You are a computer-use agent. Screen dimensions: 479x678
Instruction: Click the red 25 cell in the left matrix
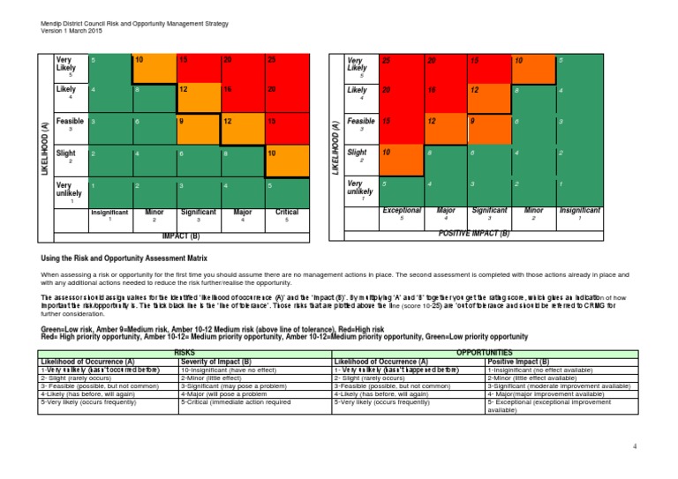[x=287, y=67]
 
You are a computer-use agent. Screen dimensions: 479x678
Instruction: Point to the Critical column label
[x=287, y=213]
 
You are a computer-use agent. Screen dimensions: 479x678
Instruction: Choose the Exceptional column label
[x=401, y=211]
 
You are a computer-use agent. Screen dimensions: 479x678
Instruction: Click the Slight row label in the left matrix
[x=67, y=153]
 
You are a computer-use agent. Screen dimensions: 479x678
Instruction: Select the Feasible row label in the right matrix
[x=360, y=122]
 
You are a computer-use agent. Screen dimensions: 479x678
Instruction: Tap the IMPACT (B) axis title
[x=181, y=236]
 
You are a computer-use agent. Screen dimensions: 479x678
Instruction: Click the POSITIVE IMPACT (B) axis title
[x=474, y=234]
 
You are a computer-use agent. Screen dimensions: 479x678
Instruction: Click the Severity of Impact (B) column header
[x=216, y=362]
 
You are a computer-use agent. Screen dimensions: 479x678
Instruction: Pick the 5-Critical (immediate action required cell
[x=236, y=401]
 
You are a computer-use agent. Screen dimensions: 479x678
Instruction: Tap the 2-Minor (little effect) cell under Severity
[x=216, y=378]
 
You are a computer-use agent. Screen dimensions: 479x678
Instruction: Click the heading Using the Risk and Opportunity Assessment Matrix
[x=124, y=258]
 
